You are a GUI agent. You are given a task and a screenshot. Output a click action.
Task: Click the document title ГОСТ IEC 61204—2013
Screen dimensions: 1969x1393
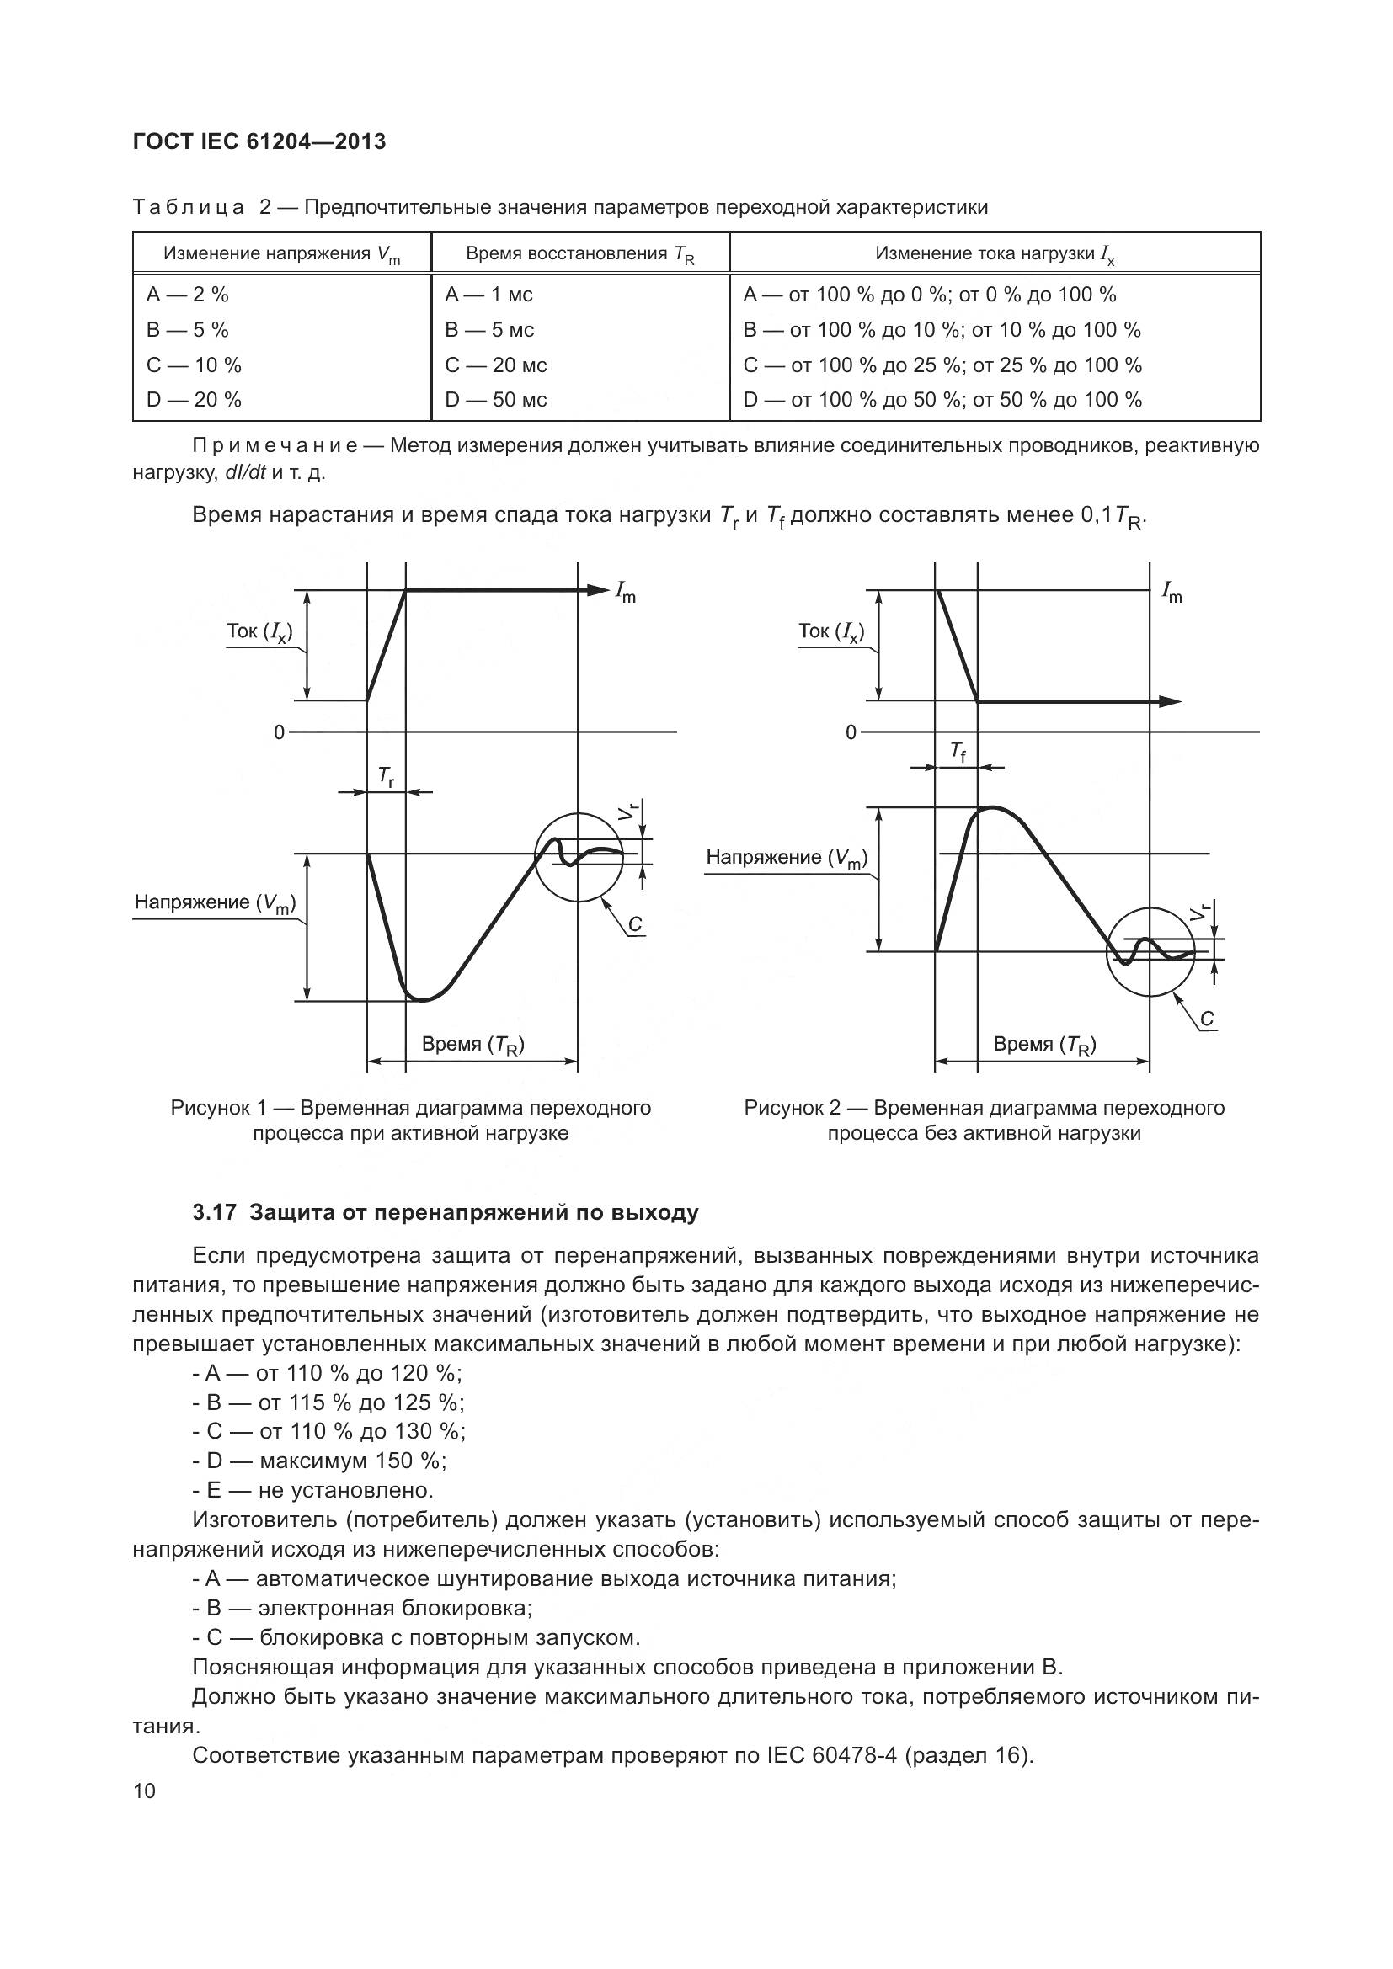(x=259, y=141)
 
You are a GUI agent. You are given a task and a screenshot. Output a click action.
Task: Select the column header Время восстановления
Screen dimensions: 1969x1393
(x=579, y=255)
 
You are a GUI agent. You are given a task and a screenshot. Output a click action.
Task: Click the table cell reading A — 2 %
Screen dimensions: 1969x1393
(x=187, y=295)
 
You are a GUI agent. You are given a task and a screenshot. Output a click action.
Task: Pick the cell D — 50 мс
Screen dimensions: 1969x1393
(x=495, y=400)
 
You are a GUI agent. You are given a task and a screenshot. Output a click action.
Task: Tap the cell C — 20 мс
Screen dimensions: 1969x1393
(x=495, y=365)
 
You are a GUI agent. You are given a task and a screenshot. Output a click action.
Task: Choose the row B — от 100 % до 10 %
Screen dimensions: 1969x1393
(x=941, y=330)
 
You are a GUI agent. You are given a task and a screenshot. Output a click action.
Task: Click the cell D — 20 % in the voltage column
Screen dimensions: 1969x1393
(x=194, y=400)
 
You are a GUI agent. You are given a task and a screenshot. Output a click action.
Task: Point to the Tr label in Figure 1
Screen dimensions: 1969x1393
(x=387, y=778)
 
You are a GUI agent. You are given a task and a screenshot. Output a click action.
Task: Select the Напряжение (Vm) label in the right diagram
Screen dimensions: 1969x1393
(x=787, y=858)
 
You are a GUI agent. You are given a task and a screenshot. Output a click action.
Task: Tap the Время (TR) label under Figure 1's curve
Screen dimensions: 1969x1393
(x=472, y=1045)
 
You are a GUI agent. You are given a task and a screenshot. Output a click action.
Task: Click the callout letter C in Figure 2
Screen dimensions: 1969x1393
(x=1207, y=1019)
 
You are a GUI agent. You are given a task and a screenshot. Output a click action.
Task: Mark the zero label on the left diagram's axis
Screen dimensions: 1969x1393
(x=279, y=732)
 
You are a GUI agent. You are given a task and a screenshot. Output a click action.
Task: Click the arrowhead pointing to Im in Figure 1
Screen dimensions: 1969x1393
(x=597, y=590)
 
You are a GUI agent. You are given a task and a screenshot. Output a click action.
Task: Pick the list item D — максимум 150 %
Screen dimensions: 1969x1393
(x=319, y=1461)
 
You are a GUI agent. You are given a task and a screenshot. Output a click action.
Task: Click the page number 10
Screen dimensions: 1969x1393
(x=145, y=1791)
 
